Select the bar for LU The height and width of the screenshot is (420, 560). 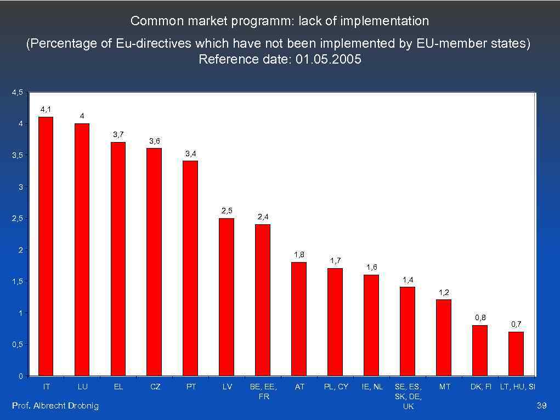point(82,249)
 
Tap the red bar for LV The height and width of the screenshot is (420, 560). point(227,297)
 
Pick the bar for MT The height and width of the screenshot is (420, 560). point(444,337)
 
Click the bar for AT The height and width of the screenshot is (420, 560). point(299,319)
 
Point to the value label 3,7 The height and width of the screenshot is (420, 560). point(118,134)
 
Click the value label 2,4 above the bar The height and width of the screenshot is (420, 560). point(263,217)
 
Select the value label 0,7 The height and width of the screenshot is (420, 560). point(516,324)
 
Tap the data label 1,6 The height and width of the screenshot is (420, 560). point(371,267)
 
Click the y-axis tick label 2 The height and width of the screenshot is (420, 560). point(20,250)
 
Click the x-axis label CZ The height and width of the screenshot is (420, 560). point(155,387)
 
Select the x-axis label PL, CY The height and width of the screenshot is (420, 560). point(336,387)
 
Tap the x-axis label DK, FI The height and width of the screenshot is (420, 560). point(480,387)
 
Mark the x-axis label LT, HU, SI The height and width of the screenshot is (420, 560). point(517,387)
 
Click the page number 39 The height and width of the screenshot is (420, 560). point(542,405)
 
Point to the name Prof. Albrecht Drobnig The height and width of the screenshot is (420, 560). point(55,405)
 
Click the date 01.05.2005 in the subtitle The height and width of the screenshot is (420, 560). point(328,59)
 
